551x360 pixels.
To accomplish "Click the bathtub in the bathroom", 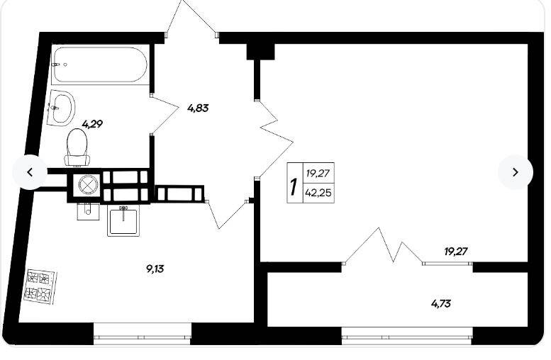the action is (99, 64).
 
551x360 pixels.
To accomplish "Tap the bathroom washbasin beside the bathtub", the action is (61, 107).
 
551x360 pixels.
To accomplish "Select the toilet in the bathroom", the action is (77, 147).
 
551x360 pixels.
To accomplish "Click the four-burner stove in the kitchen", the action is (40, 286).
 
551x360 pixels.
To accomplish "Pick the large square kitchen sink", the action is (123, 221).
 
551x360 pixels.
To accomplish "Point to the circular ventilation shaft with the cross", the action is (86, 184).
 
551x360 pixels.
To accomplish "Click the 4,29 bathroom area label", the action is (92, 123).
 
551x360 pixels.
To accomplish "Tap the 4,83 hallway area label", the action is (198, 108).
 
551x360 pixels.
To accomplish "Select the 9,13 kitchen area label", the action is (155, 269).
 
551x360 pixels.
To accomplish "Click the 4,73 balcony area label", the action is (441, 303).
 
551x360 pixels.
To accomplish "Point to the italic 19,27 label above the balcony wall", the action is (456, 252).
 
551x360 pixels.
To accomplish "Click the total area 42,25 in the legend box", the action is (318, 193).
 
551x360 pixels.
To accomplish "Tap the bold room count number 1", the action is (294, 186).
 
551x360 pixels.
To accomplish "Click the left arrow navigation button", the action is (30, 172).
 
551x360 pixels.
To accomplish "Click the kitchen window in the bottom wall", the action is (143, 332).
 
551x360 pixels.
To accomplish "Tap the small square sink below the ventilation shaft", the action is (88, 212).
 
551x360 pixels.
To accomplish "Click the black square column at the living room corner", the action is (260, 52).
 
